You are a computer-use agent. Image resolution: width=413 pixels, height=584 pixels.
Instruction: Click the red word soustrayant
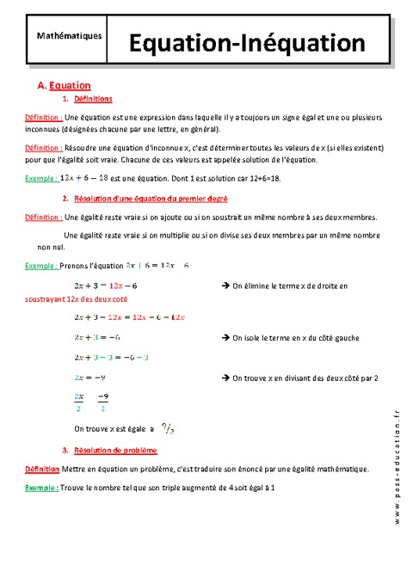click(x=45, y=298)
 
